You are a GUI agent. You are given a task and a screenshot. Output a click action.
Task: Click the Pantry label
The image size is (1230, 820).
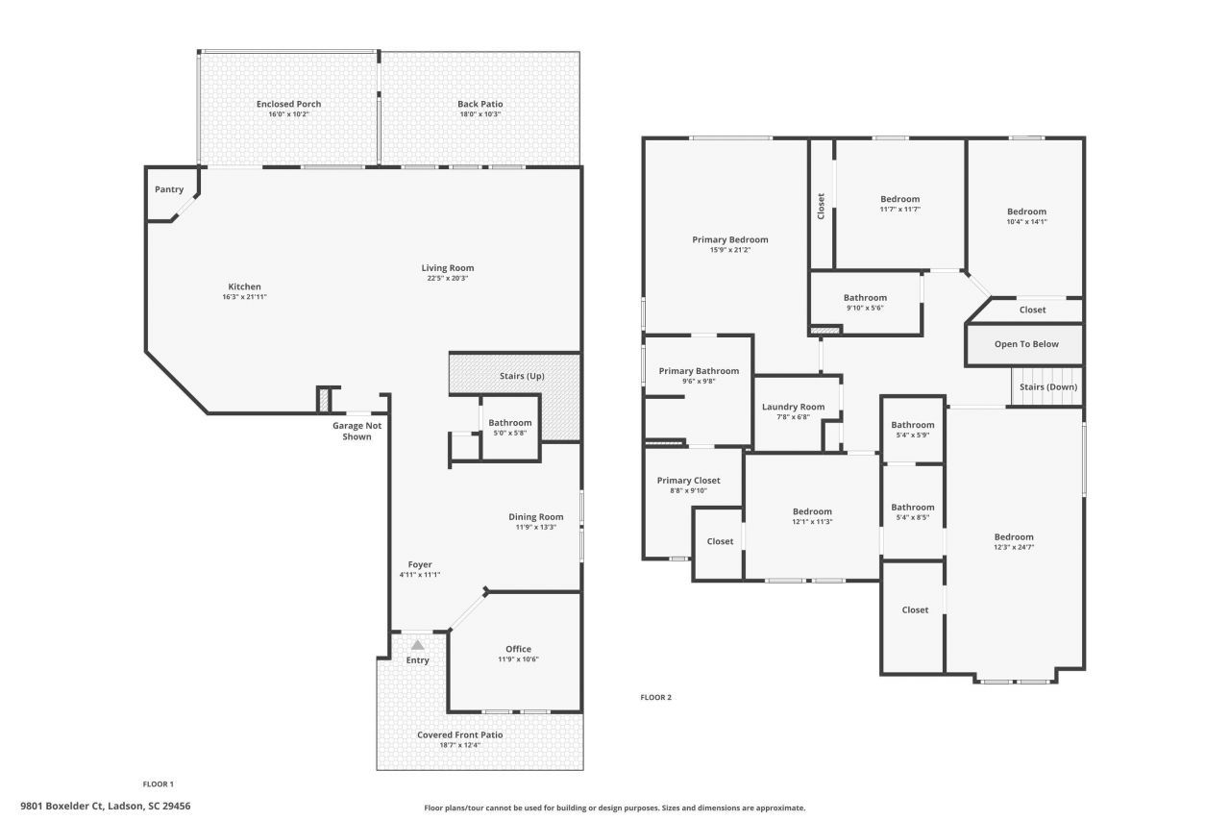tap(169, 189)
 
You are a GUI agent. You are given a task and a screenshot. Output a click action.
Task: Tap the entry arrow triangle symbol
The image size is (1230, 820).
tap(417, 645)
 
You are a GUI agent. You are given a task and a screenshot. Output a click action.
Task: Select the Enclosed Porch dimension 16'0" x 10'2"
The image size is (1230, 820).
tap(288, 114)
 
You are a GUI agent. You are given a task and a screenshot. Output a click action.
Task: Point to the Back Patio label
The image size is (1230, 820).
tap(480, 104)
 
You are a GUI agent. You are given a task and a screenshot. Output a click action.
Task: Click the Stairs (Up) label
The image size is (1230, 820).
tap(522, 376)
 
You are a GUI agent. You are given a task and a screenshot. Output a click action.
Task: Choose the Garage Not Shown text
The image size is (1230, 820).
tap(357, 431)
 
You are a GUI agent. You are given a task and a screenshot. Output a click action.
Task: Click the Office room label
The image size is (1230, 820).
tap(518, 649)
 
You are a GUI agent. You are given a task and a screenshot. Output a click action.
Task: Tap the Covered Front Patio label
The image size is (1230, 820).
tap(459, 734)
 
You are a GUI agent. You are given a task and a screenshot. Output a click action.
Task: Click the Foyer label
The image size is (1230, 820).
tap(419, 564)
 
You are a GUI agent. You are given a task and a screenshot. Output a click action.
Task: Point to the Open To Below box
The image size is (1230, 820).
tap(1025, 344)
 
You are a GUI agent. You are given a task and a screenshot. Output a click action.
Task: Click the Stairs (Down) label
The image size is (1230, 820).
tap(1047, 386)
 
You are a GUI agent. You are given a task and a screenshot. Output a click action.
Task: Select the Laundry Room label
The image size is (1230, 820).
tap(793, 407)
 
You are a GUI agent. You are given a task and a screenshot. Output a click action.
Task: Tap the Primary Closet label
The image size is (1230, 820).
tap(688, 481)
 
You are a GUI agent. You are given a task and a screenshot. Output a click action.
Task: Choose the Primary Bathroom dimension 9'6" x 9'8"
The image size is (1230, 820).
tap(699, 381)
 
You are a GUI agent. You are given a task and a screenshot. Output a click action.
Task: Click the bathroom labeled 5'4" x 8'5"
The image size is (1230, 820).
tap(912, 512)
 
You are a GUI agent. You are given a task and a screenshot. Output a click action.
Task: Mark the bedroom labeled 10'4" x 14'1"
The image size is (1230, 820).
tap(1026, 216)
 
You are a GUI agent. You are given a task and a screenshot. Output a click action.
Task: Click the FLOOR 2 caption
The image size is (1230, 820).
tap(655, 697)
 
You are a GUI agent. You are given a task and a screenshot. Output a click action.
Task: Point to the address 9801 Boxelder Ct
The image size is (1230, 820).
tap(106, 806)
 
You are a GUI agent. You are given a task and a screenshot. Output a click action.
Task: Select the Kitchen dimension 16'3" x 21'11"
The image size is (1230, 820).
tap(244, 297)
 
